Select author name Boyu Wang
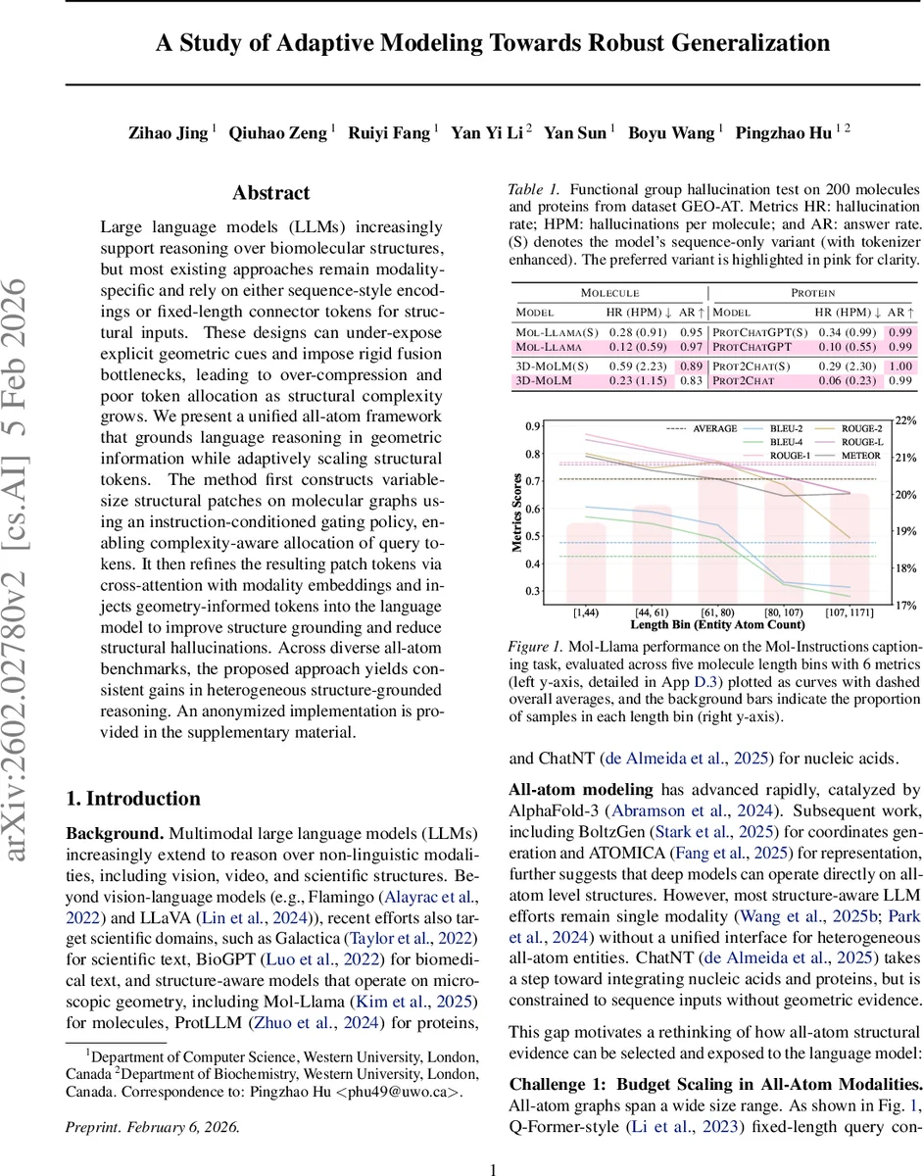pyautogui.click(x=673, y=132)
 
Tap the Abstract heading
pyautogui.click(x=270, y=193)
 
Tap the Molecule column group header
pyautogui.click(x=609, y=292)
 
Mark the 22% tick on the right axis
pyautogui.click(x=906, y=420)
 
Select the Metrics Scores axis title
pyautogui.click(x=516, y=511)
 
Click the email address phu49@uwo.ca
pyautogui.click(x=402, y=1064)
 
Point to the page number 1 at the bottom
pyautogui.click(x=494, y=1142)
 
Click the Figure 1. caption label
pyautogui.click(x=536, y=648)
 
